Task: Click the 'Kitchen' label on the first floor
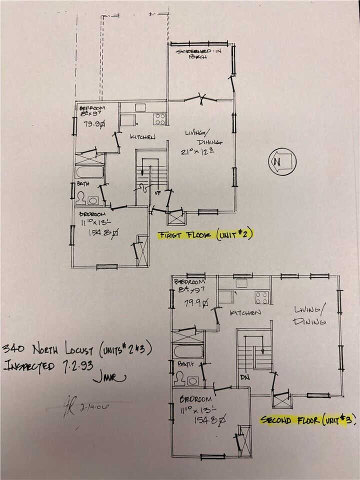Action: tap(142, 137)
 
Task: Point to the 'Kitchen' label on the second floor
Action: tap(245, 312)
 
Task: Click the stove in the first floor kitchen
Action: tap(159, 119)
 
